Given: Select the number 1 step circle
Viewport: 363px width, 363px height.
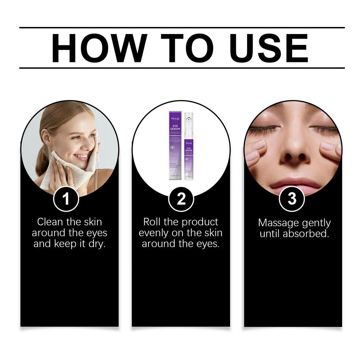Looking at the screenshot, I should [66, 200].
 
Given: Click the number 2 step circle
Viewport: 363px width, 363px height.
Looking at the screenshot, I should [181, 200].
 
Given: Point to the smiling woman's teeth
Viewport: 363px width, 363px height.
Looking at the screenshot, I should [82, 156].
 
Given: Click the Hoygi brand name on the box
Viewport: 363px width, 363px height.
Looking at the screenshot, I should [175, 116].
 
